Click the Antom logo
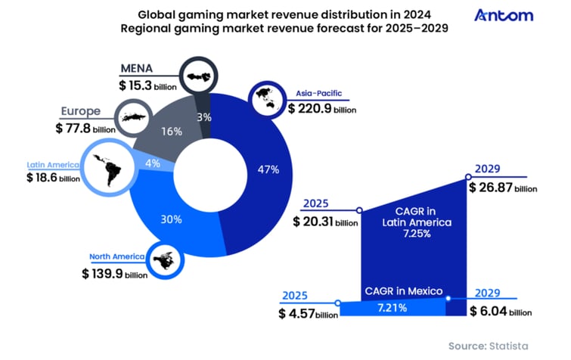(x=504, y=15)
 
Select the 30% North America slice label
(x=171, y=220)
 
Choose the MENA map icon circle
(x=200, y=75)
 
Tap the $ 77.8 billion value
(x=85, y=129)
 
